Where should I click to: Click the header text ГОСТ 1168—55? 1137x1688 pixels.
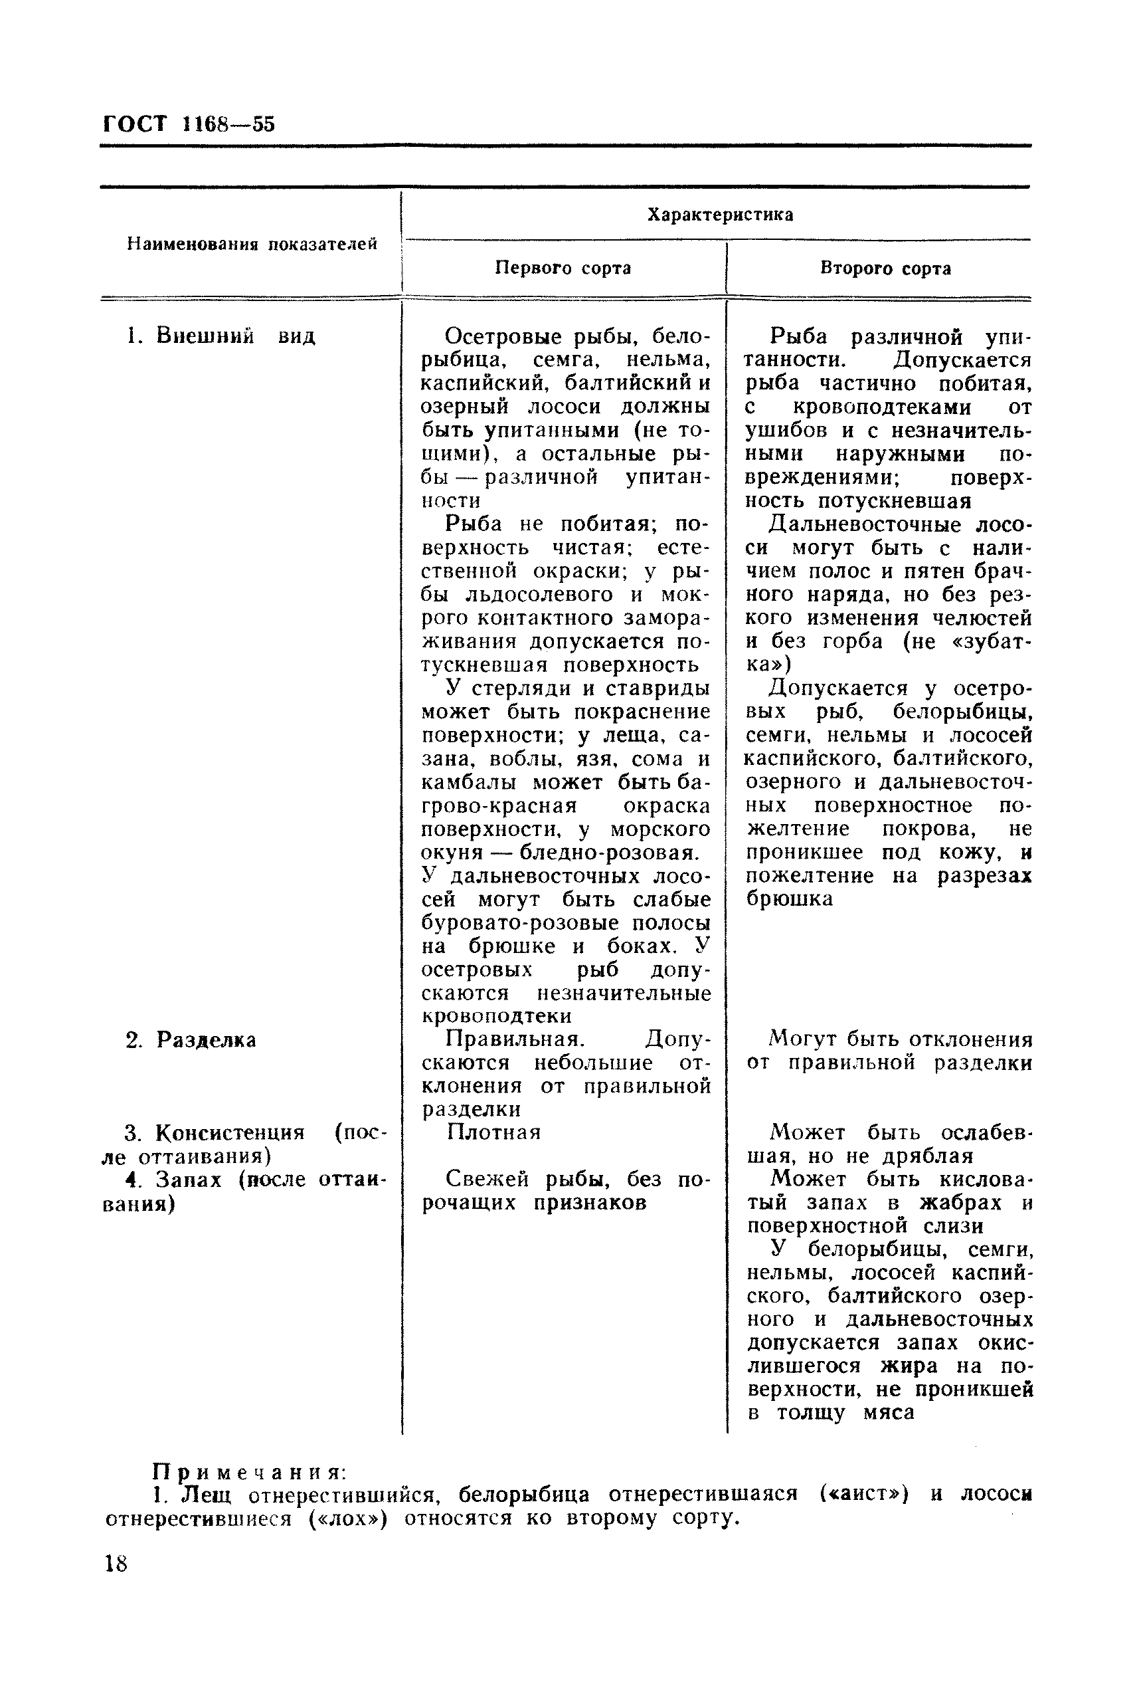pyautogui.click(x=189, y=124)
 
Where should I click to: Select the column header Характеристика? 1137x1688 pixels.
pyautogui.click(x=719, y=215)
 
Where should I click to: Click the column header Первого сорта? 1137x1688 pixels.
pyautogui.click(x=563, y=268)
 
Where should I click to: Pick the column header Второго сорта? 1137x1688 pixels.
pyautogui.click(x=885, y=268)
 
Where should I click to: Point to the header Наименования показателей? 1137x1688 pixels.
pyautogui.click(x=252, y=245)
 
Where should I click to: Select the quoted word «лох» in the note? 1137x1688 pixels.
pyautogui.click(x=347, y=1519)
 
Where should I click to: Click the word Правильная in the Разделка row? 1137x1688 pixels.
pyautogui.click(x=514, y=1039)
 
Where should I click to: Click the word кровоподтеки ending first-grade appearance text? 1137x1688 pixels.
pyautogui.click(x=497, y=1015)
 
